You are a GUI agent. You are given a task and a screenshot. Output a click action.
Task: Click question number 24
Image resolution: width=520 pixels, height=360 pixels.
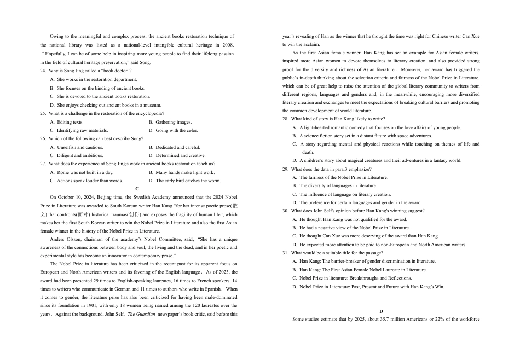pyautogui.click(x=43, y=71)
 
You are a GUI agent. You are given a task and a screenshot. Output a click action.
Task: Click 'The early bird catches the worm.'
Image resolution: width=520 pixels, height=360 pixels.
pyautogui.click(x=188, y=181)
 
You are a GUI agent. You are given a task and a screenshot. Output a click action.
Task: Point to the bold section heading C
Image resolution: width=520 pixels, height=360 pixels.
pyautogui.click(x=137, y=188)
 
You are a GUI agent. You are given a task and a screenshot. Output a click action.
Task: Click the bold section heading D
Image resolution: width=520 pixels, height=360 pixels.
pyautogui.click(x=381, y=311)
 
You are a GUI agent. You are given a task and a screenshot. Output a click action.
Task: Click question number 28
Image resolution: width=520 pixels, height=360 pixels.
pyautogui.click(x=285, y=119)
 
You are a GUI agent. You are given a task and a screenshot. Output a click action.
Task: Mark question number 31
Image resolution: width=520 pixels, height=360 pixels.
pyautogui.click(x=285, y=253)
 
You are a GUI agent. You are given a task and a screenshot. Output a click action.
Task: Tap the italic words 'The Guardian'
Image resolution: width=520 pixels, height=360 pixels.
pyautogui.click(x=142, y=315)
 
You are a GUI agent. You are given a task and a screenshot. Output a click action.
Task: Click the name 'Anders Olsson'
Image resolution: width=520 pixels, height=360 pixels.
pyautogui.click(x=64, y=239)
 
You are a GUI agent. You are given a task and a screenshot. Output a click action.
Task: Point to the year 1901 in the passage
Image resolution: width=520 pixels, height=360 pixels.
pyautogui.click(x=102, y=305)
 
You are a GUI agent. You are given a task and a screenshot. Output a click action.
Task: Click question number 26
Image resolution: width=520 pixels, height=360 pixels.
pyautogui.click(x=43, y=138)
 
